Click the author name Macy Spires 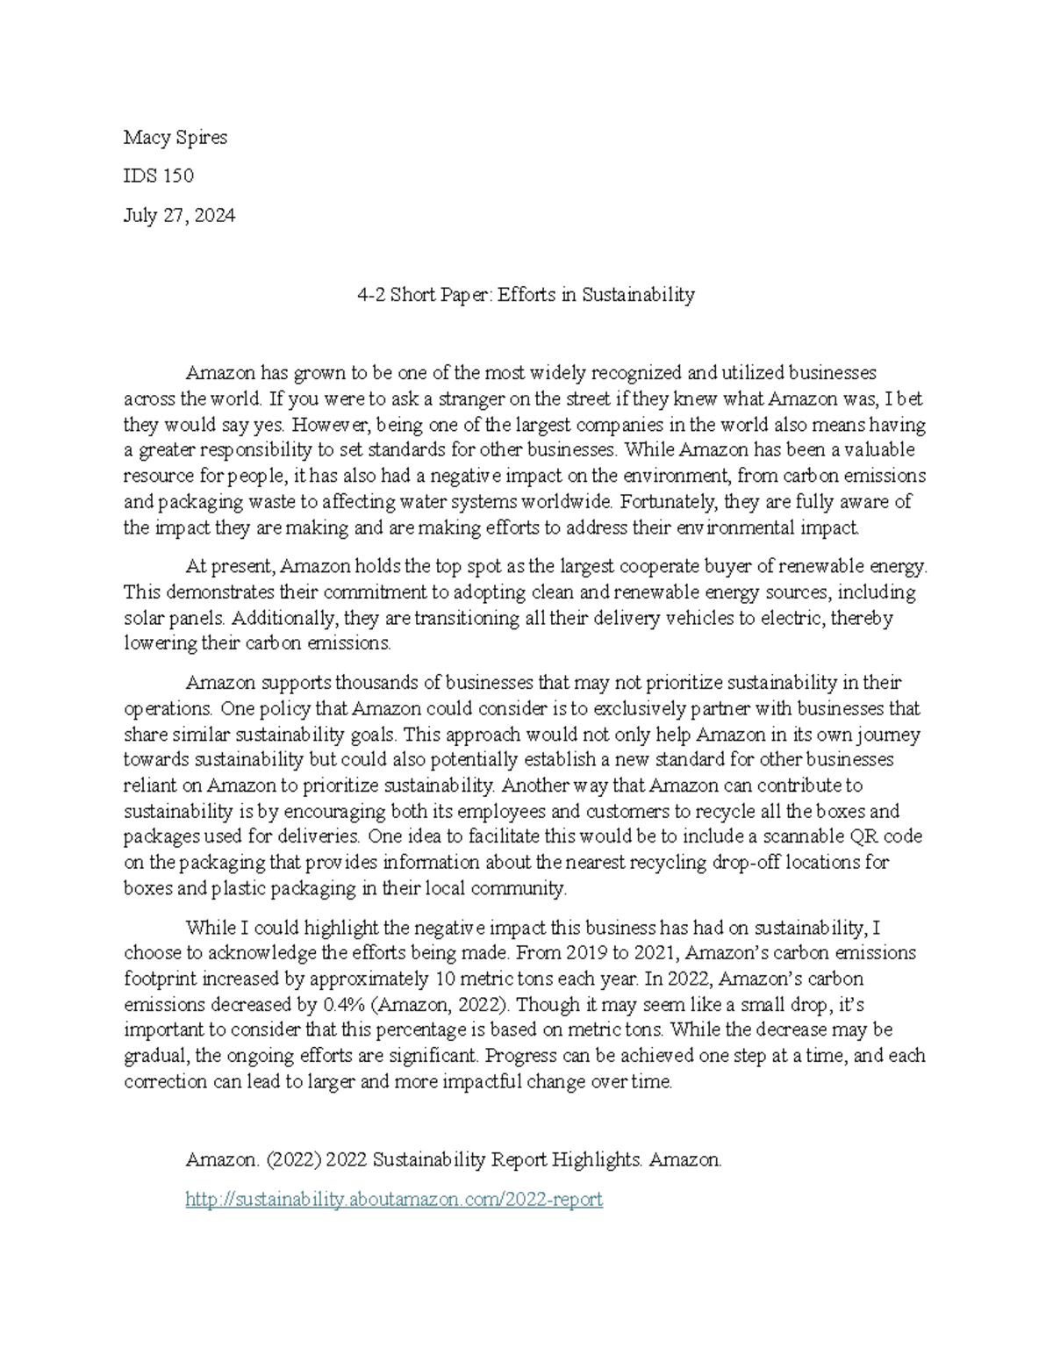[x=175, y=137]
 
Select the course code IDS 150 [x=159, y=176]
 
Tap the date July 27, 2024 [x=179, y=215]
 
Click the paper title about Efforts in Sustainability [x=526, y=295]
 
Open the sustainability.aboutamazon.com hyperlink [x=394, y=1199]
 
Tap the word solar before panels [x=143, y=618]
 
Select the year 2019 [x=587, y=953]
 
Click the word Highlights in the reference [x=599, y=1160]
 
